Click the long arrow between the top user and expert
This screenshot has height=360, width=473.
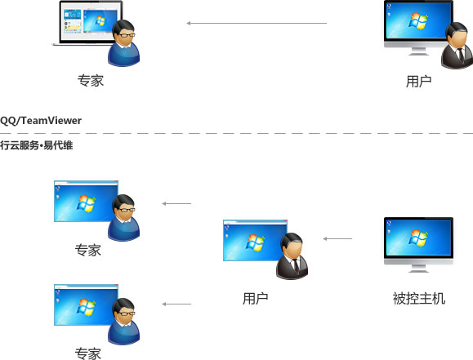point(257,23)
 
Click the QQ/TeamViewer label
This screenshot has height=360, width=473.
point(41,121)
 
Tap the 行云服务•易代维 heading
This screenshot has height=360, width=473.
point(36,145)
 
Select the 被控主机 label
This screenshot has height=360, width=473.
point(419,299)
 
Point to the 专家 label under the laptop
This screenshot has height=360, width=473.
point(91,81)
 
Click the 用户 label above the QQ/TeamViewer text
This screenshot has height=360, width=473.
point(419,82)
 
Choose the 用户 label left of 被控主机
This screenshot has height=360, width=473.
point(255,299)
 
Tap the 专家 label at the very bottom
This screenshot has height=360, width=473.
point(87,353)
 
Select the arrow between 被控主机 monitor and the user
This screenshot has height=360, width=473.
point(337,239)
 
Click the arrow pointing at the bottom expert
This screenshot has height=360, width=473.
point(176,304)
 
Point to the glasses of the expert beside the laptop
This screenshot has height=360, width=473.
point(127,35)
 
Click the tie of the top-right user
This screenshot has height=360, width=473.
point(460,55)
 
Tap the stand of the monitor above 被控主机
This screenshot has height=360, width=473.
point(418,268)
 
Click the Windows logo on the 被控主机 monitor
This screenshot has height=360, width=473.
point(418,237)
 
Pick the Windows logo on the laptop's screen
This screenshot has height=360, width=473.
point(100,20)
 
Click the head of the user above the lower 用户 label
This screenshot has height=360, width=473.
point(292,245)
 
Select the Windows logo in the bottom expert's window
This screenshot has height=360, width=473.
point(87,307)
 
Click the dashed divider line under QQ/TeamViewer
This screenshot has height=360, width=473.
point(237,133)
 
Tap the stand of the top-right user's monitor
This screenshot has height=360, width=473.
point(418,51)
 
